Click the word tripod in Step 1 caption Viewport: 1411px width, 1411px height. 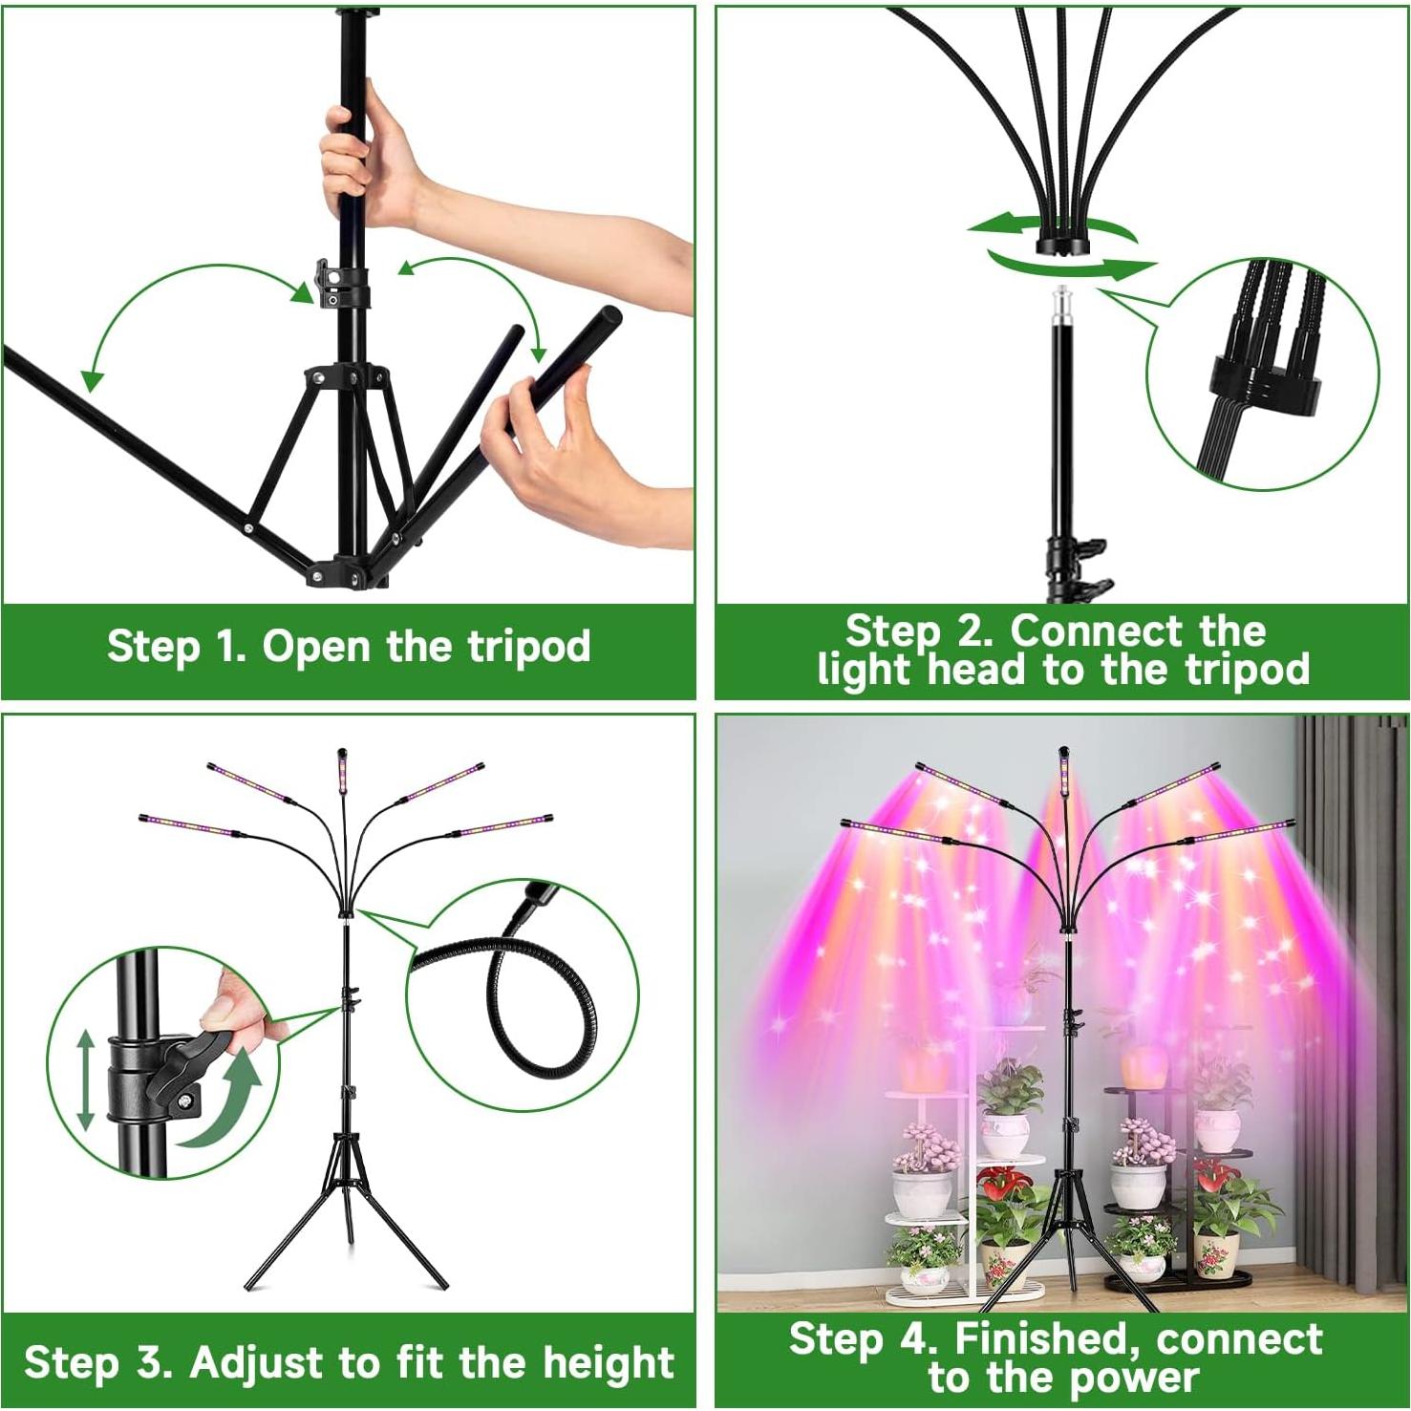528,648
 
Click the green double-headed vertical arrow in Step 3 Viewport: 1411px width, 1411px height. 86,1080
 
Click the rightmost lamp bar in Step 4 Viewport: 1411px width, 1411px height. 1242,832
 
